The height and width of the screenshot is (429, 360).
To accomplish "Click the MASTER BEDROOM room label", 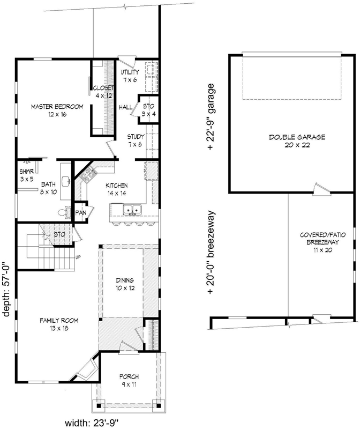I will (56, 110).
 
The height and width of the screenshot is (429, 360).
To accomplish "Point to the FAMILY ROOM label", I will (58, 324).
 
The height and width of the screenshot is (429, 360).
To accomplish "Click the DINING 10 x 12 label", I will (124, 284).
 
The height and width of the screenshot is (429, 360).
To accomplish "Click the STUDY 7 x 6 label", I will (134, 140).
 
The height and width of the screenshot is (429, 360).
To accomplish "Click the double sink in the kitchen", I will (126, 209).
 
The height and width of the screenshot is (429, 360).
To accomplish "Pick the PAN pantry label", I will (81, 212).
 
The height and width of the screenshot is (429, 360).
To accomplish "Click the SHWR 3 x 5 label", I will (27, 175).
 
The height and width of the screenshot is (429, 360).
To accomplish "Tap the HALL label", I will (126, 107).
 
